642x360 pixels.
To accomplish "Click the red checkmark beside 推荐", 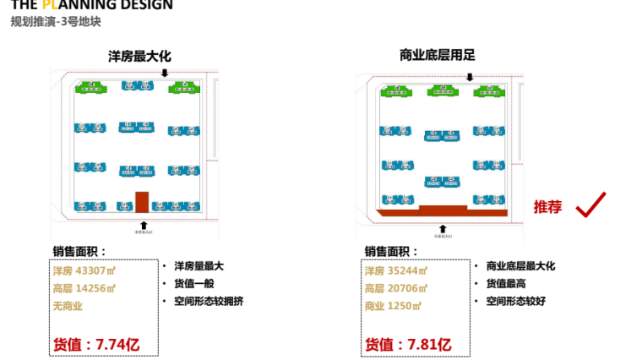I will click(x=590, y=205).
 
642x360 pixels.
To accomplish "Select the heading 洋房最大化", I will click(x=139, y=56).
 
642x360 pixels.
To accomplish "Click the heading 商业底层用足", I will click(x=438, y=56).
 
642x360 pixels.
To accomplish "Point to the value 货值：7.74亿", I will click(x=95, y=344).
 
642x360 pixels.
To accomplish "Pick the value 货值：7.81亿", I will click(x=408, y=344).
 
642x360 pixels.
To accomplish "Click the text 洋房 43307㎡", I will click(x=84, y=271).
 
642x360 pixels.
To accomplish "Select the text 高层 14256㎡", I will click(x=84, y=289).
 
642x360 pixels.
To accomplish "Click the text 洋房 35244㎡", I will click(x=396, y=271).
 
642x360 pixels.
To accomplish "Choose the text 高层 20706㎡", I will click(x=396, y=289).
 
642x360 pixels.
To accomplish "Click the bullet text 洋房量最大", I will click(x=199, y=265).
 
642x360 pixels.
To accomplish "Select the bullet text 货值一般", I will click(x=194, y=283).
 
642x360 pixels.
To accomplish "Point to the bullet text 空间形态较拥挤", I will click(x=209, y=300).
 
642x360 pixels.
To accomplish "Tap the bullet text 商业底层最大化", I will click(x=520, y=265).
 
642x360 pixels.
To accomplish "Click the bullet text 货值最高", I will click(x=506, y=283).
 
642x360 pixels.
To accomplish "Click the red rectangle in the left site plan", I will click(x=142, y=201).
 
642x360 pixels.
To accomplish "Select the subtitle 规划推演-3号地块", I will click(x=56, y=22).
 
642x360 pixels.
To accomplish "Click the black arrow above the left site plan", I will click(x=165, y=74).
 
